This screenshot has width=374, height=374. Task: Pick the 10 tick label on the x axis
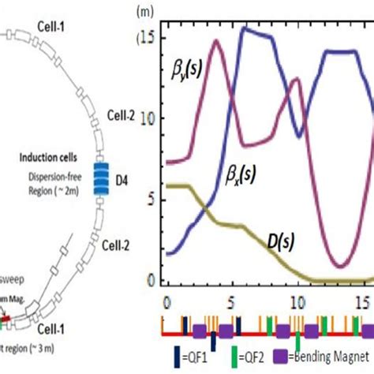pyautogui.click(x=296, y=301)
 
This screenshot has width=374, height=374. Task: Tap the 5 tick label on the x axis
pyautogui.click(x=230, y=301)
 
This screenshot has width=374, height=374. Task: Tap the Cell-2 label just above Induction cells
pyautogui.click(x=123, y=116)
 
